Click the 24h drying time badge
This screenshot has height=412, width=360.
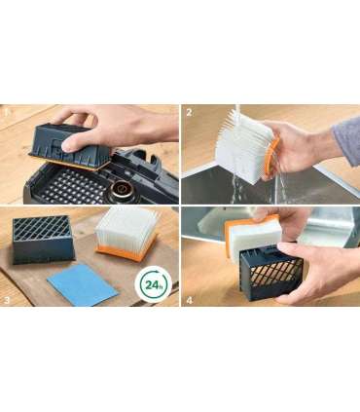(153, 284)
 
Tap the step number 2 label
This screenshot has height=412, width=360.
(189, 113)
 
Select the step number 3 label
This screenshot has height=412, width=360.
(7, 300)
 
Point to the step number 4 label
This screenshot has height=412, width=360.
(189, 300)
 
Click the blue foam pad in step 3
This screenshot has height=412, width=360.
(83, 284)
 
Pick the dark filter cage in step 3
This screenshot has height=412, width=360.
(43, 240)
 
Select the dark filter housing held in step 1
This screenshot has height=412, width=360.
(70, 146)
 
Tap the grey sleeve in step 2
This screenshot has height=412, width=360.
(347, 138)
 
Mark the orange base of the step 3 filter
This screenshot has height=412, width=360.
(126, 250)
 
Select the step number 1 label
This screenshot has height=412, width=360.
(7, 113)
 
